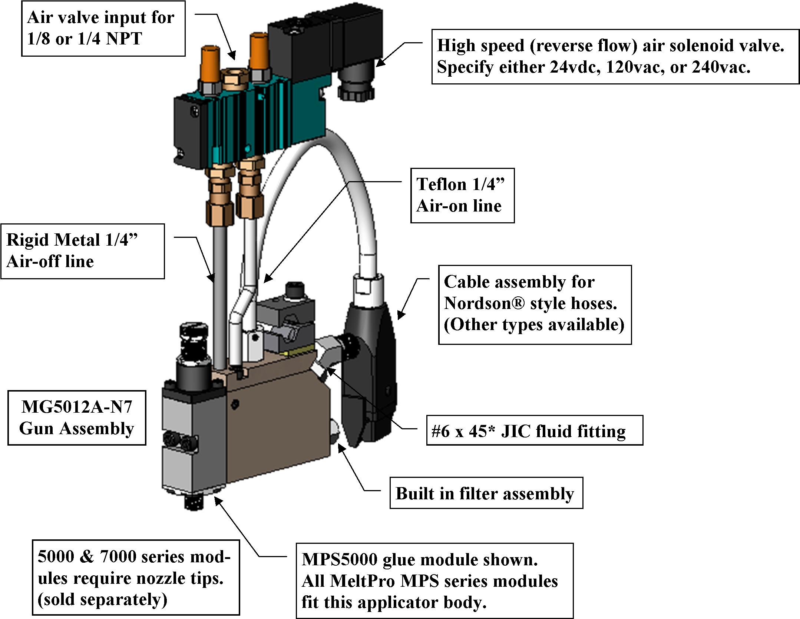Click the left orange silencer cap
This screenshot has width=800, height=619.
pos(210,63)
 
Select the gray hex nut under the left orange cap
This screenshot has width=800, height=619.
pos(211,88)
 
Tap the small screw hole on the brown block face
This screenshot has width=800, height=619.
pos(235,404)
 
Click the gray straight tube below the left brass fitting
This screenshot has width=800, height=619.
pos(219,296)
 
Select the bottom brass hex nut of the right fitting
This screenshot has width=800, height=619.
pos(251,206)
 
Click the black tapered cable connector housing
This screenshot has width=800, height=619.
pos(369,356)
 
